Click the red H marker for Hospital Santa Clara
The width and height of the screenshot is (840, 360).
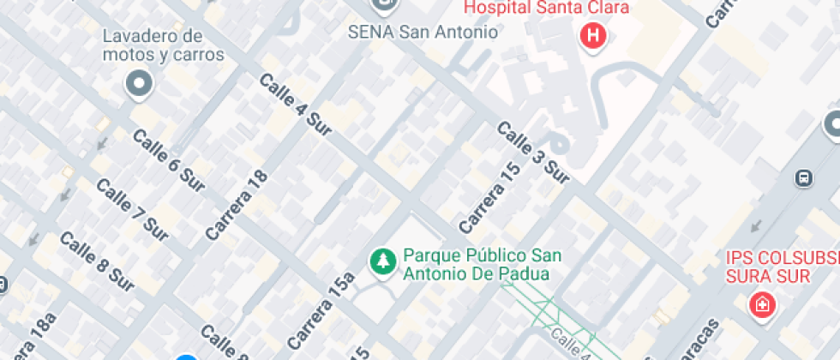(592, 36)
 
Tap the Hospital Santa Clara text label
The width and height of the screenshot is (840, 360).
(547, 9)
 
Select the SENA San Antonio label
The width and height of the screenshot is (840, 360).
(423, 33)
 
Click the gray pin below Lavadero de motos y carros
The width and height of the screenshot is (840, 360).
(139, 84)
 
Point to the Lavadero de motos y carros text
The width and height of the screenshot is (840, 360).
(163, 45)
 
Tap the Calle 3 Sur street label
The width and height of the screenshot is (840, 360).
(532, 153)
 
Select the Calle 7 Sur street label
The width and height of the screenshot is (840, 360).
(131, 210)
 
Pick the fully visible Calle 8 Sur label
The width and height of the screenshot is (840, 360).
(98, 261)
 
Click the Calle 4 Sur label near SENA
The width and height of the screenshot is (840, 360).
(296, 105)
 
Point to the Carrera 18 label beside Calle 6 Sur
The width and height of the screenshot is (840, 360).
(237, 205)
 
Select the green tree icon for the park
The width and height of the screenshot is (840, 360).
(381, 262)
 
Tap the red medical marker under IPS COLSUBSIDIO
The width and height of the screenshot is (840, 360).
(759, 304)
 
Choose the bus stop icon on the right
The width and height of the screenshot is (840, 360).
(804, 177)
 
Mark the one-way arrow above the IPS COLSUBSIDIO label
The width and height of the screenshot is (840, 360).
(756, 227)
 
